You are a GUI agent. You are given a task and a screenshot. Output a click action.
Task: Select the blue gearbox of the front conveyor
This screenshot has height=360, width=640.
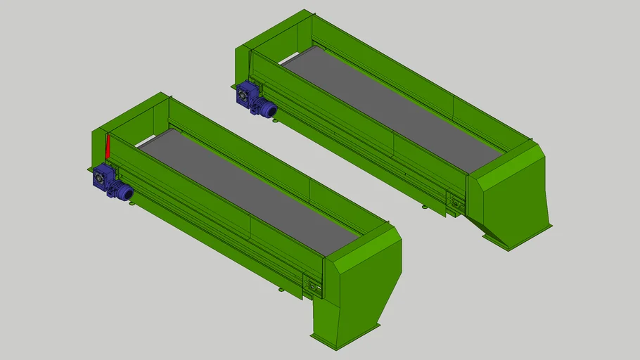[102, 177]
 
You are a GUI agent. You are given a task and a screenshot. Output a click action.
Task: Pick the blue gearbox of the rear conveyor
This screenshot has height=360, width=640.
[247, 94]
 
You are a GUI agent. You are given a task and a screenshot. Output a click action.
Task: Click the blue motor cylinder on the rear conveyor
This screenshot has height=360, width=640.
[266, 108]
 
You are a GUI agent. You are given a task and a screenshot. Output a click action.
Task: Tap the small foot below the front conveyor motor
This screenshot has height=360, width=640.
[131, 203]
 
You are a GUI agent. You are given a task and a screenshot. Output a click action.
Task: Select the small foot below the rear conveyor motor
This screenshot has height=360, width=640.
[274, 120]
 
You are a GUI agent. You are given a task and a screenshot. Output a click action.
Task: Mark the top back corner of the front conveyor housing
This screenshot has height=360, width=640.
[167, 94]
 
